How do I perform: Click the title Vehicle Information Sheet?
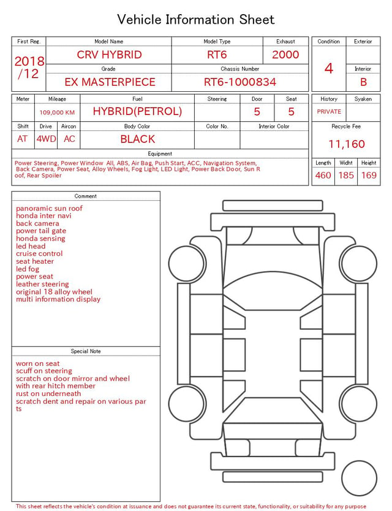[195, 20]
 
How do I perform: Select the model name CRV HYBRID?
[109, 54]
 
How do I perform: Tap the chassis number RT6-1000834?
[240, 82]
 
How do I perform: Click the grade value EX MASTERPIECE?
[110, 82]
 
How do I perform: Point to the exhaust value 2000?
[285, 54]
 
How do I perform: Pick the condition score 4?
[329, 69]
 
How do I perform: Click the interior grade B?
[363, 82]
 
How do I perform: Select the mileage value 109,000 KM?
[57, 113]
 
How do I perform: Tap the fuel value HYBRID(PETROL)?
[137, 111]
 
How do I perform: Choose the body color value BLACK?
[138, 139]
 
